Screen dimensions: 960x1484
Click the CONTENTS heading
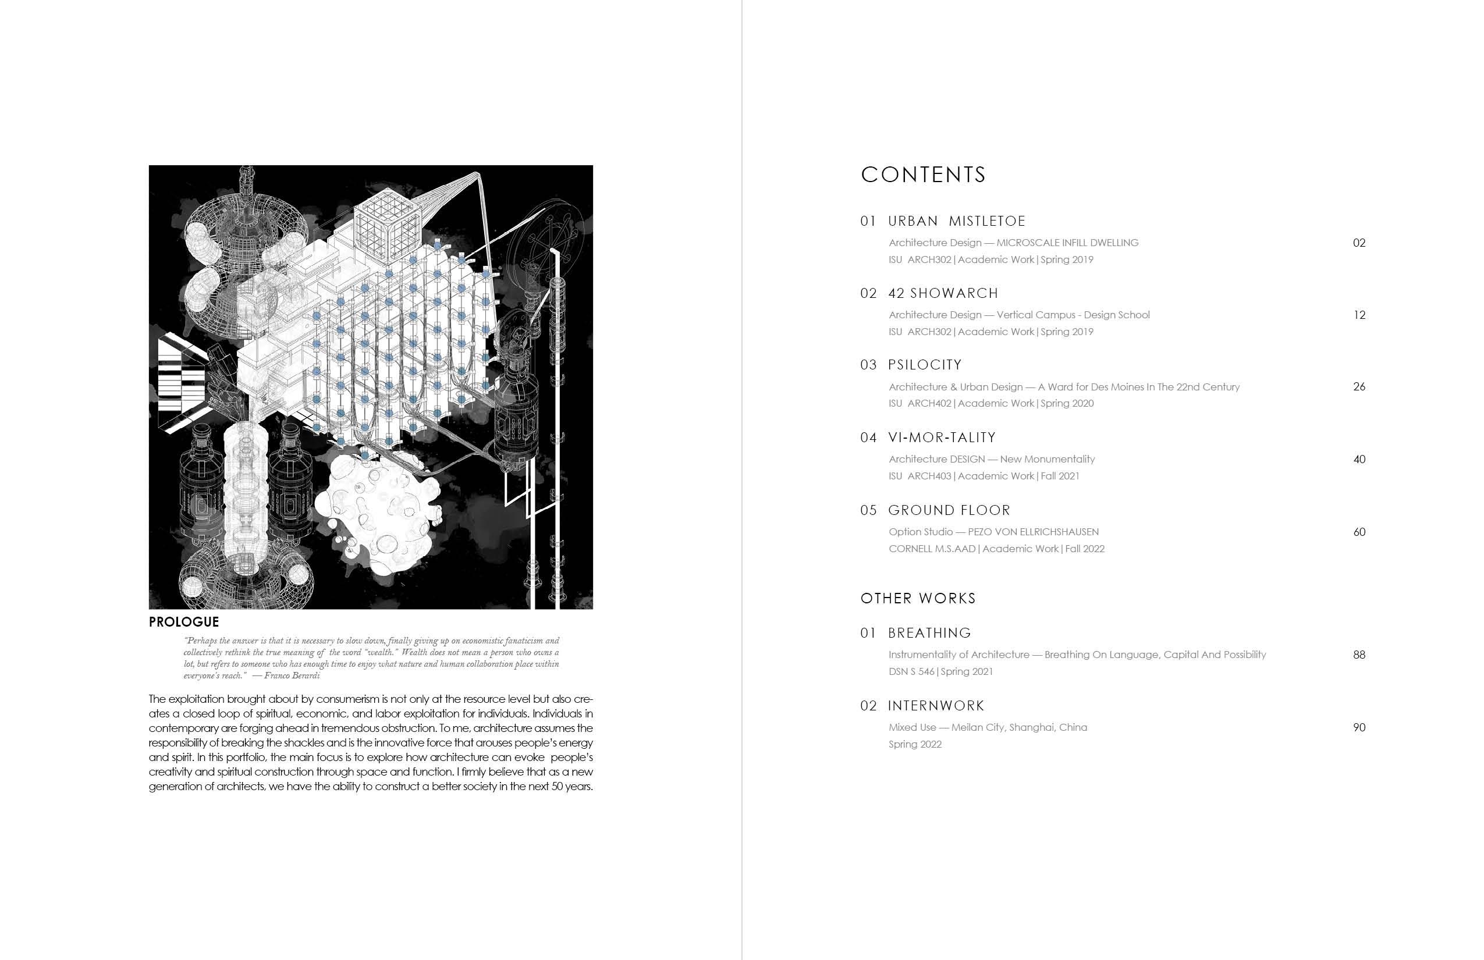(923, 175)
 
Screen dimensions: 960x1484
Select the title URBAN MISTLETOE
(957, 221)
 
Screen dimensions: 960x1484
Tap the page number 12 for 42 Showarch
(1359, 315)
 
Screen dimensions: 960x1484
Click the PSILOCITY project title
(925, 365)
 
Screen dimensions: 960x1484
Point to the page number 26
(1359, 386)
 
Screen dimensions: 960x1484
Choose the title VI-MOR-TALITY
(942, 438)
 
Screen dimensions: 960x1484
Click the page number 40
(1359, 460)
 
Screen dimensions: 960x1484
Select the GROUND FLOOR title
(949, 510)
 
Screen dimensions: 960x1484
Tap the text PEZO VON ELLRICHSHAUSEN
(1033, 532)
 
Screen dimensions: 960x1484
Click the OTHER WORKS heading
(918, 599)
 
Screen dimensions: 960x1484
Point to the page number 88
(1359, 655)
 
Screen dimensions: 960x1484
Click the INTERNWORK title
(936, 706)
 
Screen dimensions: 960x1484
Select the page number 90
(1359, 727)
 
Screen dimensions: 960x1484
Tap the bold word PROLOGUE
(184, 621)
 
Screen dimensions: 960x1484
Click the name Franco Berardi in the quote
(292, 675)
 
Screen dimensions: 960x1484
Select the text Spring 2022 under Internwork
(915, 744)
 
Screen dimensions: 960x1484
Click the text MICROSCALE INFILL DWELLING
(1067, 243)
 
